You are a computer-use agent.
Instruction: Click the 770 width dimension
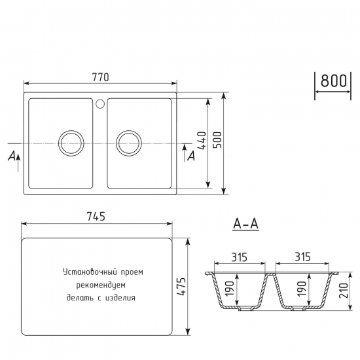[100, 77]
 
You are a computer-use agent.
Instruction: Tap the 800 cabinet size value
[333, 81]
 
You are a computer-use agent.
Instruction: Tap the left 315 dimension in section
[238, 257]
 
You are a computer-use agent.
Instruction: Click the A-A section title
[246, 225]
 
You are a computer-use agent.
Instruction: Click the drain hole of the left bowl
[70, 142]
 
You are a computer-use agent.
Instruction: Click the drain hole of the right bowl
[128, 142]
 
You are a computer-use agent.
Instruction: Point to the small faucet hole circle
[100, 103]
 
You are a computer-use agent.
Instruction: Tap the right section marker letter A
[190, 156]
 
